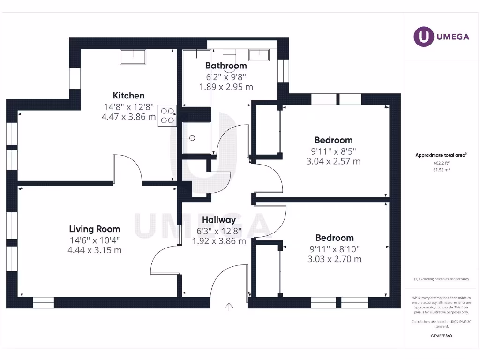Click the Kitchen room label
[x=128, y=96]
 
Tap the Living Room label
[x=95, y=229]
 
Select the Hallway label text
[x=219, y=220]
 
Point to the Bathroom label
[x=226, y=66]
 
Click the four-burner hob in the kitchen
[x=167, y=116]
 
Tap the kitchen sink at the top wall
[x=134, y=58]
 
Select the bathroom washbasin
[x=259, y=55]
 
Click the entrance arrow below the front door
[x=229, y=307]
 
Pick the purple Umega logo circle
[x=424, y=37]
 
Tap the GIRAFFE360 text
[x=441, y=336]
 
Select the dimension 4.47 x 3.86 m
[x=128, y=117]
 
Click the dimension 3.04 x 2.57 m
[x=333, y=162]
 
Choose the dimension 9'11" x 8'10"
[x=335, y=249]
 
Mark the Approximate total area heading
[x=441, y=155]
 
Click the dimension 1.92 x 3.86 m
[x=219, y=241]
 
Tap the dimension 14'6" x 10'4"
[x=95, y=240]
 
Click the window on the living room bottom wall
[x=44, y=303]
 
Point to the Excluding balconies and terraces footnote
[x=441, y=279]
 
